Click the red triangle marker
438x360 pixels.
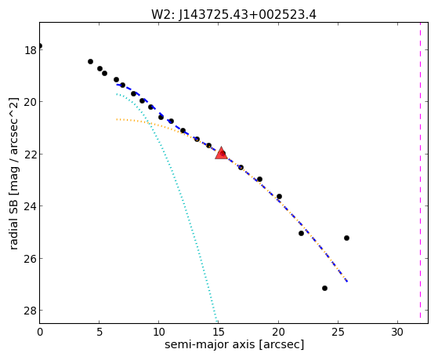coord(221,153)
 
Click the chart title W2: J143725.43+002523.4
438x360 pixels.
coord(233,15)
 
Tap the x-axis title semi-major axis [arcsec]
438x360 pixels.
coord(234,344)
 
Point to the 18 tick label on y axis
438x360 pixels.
coord(30,51)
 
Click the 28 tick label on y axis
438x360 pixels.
coord(30,311)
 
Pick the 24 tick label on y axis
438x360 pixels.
coord(30,206)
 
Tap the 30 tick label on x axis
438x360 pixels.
coord(397,332)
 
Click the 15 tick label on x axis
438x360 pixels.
coord(218,332)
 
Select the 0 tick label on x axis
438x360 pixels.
coord(40,332)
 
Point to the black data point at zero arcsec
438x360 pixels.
coord(40,45)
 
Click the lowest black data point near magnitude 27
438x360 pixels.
coord(324,288)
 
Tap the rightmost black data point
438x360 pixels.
coord(346,238)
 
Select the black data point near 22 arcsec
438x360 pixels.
coord(301,233)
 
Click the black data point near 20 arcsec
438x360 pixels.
coord(279,196)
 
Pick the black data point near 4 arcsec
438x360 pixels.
coord(90,61)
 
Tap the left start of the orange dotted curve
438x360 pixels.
coord(117,119)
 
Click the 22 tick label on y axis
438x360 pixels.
coord(30,155)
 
